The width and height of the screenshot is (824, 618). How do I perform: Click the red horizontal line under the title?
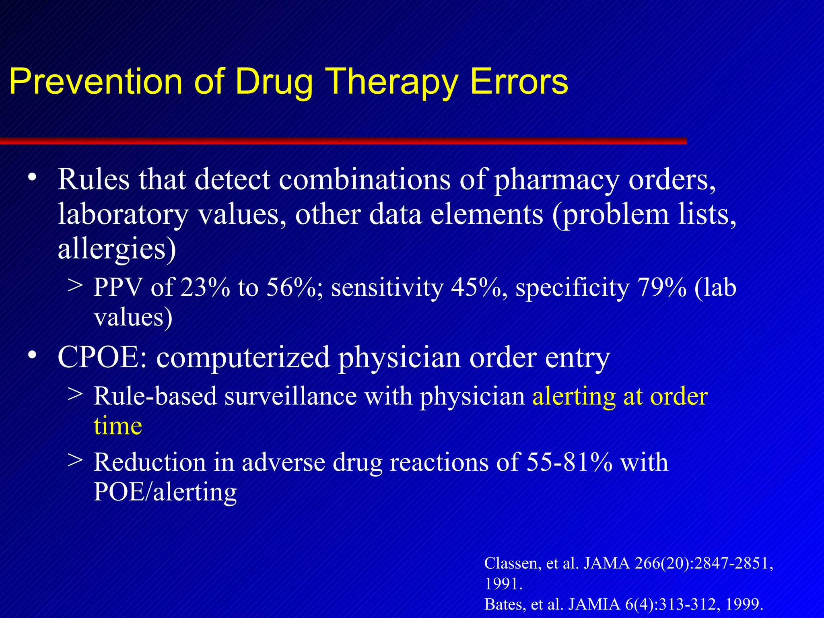coord(342,141)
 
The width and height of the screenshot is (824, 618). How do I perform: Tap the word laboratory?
coord(123,214)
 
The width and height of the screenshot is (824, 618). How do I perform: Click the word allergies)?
coord(117,249)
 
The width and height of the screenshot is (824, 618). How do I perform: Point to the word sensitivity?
coord(387,288)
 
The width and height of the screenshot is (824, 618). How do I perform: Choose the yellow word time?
coord(118,426)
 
